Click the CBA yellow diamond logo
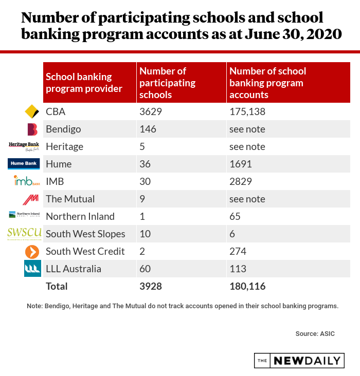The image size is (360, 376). coord(32,111)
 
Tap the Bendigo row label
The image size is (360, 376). coord(63,129)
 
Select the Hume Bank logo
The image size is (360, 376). coord(24,164)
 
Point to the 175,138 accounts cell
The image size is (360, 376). coord(247,111)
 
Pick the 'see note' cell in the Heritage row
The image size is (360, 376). coord(247,146)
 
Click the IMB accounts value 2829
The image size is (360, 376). coord(241,181)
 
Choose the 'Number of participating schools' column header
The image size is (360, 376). coord(168,83)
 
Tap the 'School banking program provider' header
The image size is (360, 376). coord(84,83)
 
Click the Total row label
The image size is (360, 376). coord(57,286)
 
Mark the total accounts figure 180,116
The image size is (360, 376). coord(247,286)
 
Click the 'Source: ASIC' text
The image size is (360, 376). coord(315,333)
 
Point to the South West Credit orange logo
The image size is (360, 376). coord(32,252)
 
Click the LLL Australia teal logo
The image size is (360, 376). coord(32,269)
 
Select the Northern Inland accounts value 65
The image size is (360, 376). coord(235,216)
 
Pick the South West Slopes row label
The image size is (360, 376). coord(85,234)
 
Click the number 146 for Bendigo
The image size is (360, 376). coord(148,129)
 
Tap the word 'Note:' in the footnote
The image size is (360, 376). coord(34,306)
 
